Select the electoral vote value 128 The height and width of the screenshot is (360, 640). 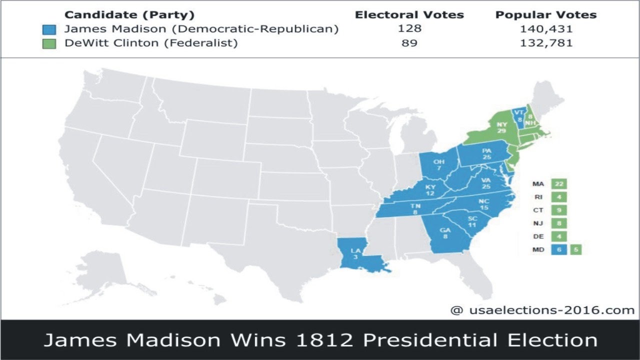410,29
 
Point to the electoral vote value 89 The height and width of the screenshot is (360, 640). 409,43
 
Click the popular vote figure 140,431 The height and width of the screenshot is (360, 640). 546,29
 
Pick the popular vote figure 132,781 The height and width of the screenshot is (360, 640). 546,43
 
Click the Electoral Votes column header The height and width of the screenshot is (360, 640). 409,15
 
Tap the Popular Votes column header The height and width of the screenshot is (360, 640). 546,15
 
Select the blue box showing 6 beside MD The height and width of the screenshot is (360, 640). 559,249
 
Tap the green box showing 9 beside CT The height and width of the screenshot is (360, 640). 559,210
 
